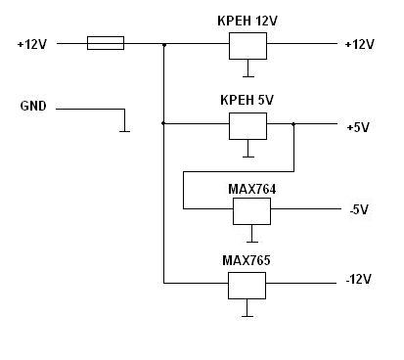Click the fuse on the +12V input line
pos(106,43)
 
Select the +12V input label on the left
pos(32,44)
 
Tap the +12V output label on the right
pos(359,44)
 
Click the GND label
pos(33,106)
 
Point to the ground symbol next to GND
pos(124,125)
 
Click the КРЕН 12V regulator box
pos(247,46)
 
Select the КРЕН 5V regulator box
pos(247,126)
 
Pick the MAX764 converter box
pos(251,211)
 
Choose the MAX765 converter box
pos(247,286)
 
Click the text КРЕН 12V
pos(247,22)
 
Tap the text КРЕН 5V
pos(247,100)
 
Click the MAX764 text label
pos(251,189)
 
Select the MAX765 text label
pos(247,260)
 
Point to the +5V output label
pos(358,127)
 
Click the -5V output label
pos(359,209)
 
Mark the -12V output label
pos(359,279)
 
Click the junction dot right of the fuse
pos(164,45)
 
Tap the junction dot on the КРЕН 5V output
pos(293,124)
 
